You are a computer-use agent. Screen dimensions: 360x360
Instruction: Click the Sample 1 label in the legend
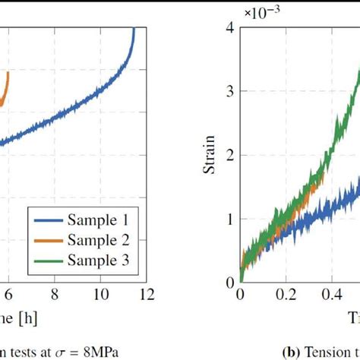[98, 222]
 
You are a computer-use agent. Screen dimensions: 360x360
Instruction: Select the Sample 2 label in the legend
[98, 241]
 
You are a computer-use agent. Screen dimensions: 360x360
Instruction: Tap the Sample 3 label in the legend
[98, 261]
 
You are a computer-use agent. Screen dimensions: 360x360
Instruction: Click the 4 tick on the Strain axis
[229, 27]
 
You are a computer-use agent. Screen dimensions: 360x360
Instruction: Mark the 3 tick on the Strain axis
[229, 91]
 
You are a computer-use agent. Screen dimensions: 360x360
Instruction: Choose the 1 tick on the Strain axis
[229, 219]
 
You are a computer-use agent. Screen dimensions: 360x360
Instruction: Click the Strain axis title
[209, 155]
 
